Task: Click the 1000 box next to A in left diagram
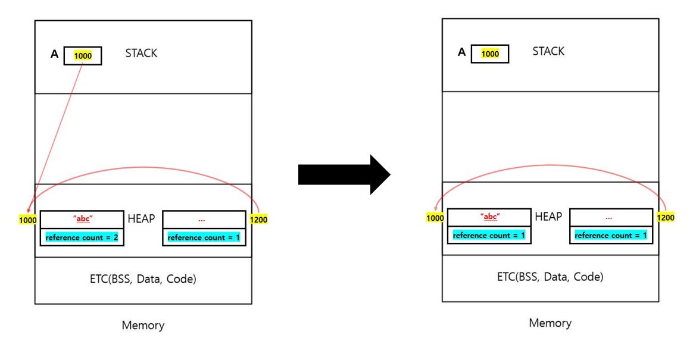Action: point(83,56)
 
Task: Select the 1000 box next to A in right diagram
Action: point(490,54)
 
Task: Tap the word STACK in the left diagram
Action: point(141,54)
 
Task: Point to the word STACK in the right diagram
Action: point(548,51)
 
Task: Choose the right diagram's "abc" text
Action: point(489,216)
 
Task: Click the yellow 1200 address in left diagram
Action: point(259,220)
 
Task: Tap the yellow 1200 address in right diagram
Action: point(666,218)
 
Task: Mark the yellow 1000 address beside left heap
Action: point(28,220)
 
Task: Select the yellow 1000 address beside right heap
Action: point(435,218)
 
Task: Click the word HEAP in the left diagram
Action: point(141,219)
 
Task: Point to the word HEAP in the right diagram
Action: point(548,217)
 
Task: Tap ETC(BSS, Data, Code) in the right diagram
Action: point(550,277)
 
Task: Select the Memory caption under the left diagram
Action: point(143,325)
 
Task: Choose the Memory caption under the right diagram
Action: point(550,323)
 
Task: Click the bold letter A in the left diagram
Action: point(54,55)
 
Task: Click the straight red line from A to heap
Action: point(57,137)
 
